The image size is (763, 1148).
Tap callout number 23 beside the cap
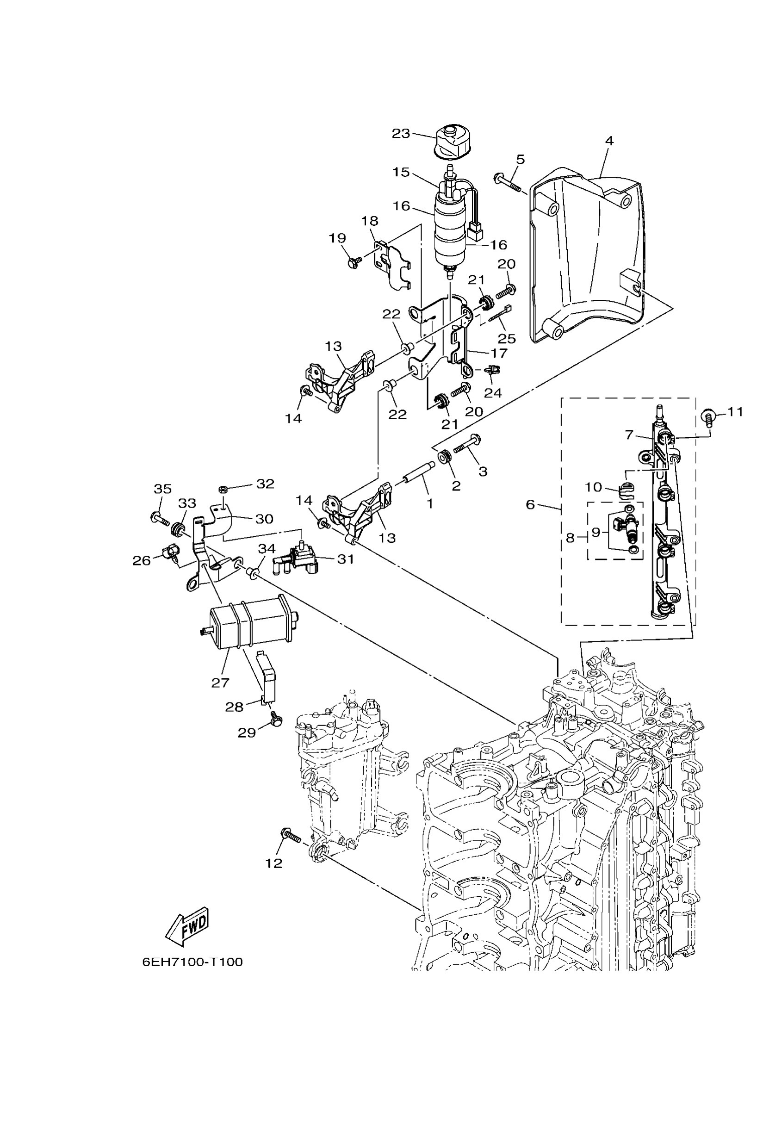click(x=401, y=133)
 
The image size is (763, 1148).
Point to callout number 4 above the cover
click(x=609, y=141)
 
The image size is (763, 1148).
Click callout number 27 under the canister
click(x=220, y=683)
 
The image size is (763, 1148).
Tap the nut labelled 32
click(x=223, y=489)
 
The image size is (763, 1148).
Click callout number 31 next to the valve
click(x=346, y=559)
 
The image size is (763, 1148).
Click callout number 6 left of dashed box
click(x=530, y=504)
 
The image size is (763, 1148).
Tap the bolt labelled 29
click(x=275, y=721)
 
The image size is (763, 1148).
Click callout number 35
click(x=162, y=489)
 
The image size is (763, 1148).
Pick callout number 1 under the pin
click(x=430, y=504)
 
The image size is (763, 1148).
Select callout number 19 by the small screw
click(x=337, y=238)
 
